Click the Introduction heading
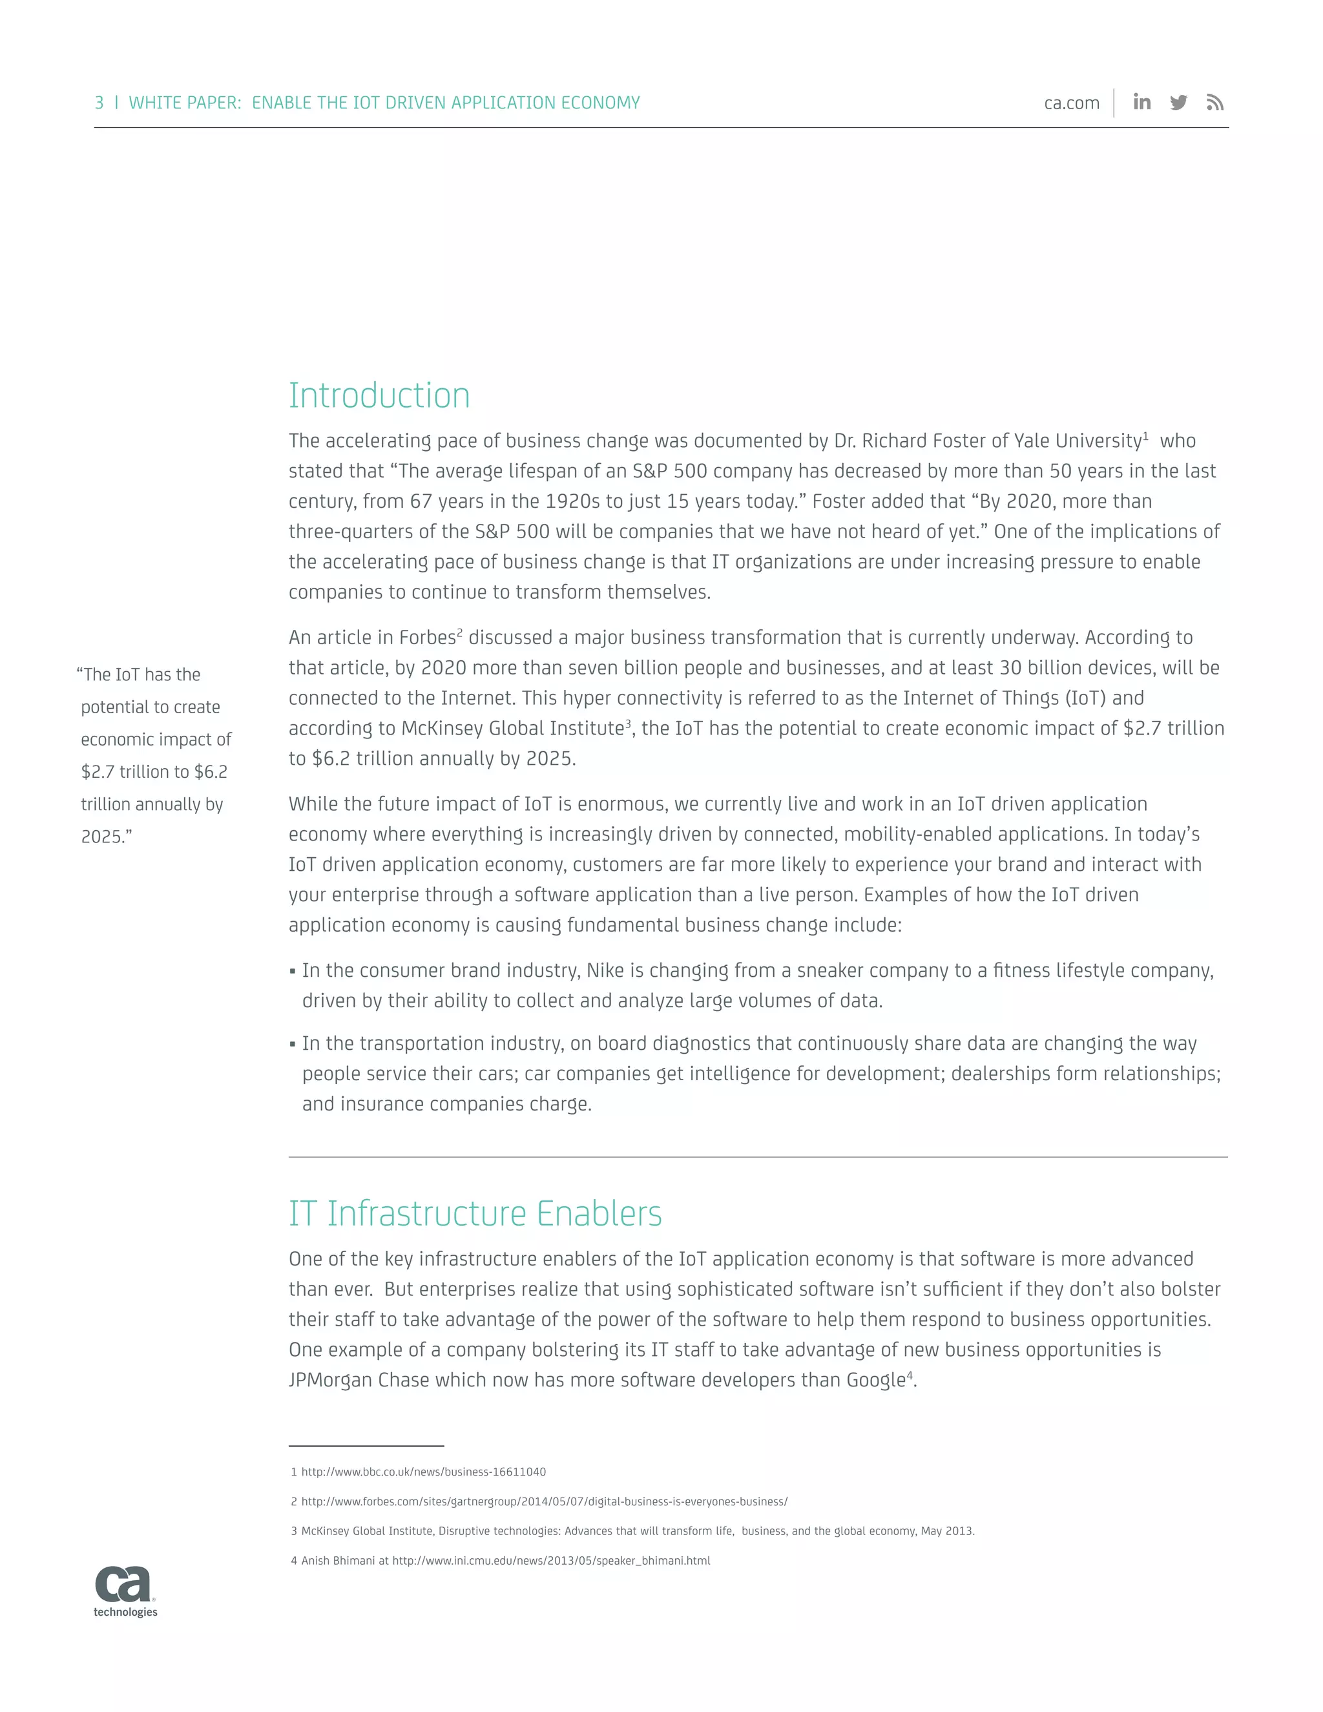[379, 395]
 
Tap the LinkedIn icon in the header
[1142, 102]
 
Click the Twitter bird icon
[1179, 103]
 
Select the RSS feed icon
[1215, 103]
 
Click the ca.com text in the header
[1072, 103]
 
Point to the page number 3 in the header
[99, 103]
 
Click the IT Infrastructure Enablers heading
[475, 1213]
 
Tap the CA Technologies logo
[125, 1591]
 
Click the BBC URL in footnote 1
[423, 1472]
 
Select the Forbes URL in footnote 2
[544, 1502]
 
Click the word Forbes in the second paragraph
[427, 638]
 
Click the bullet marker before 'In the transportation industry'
[293, 1044]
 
